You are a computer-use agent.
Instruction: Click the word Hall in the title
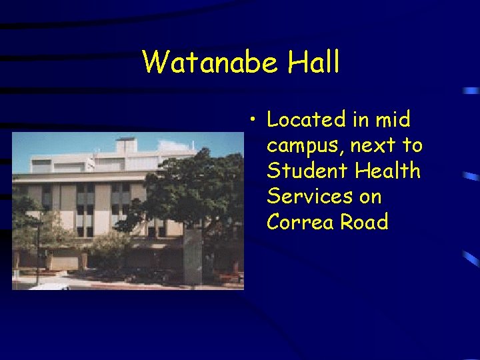(x=314, y=63)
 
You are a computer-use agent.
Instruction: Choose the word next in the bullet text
(x=373, y=145)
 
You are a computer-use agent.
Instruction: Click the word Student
(x=307, y=171)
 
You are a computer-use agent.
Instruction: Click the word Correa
(x=300, y=221)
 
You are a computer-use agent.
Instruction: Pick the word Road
(x=364, y=221)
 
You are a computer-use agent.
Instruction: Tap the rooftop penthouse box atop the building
(x=126, y=145)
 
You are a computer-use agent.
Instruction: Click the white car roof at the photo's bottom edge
(x=50, y=286)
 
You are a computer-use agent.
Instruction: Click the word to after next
(x=412, y=145)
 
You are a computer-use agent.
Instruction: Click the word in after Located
(x=359, y=120)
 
